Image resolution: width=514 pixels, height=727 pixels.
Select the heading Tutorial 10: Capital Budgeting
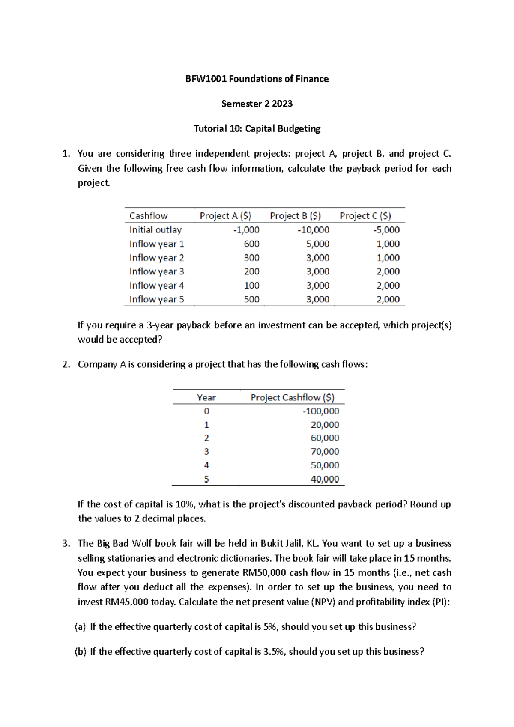click(x=257, y=128)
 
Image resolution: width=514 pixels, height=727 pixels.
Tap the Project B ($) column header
click(x=295, y=216)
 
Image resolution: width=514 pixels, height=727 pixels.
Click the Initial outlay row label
click(x=155, y=230)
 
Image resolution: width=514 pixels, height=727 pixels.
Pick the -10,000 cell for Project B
click(x=314, y=230)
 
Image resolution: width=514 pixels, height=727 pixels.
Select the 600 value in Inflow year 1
click(x=251, y=244)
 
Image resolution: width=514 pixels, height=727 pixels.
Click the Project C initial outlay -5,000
click(x=386, y=230)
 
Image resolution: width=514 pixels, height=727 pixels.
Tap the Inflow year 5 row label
click(x=157, y=299)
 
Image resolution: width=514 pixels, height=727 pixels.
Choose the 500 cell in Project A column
click(x=251, y=299)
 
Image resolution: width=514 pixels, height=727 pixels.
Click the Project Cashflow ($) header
click(x=293, y=397)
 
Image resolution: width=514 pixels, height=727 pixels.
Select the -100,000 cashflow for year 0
click(x=321, y=411)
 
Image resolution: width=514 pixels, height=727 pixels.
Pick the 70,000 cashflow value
click(x=325, y=451)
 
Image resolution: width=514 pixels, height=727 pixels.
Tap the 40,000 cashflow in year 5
click(x=325, y=479)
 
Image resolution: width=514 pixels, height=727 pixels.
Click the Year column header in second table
click(x=206, y=397)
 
